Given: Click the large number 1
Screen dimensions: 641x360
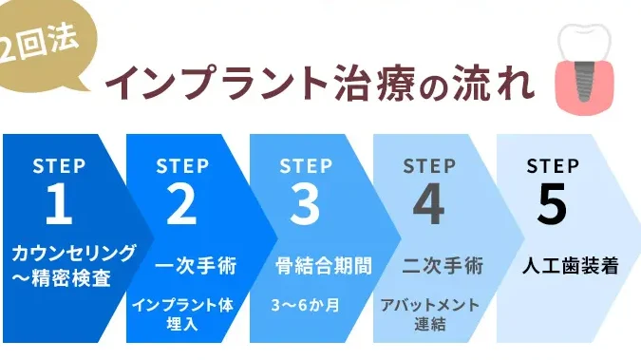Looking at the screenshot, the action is (x=59, y=203).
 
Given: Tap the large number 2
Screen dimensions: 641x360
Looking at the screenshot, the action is (x=181, y=203).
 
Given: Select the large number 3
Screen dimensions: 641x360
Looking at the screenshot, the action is (x=305, y=203).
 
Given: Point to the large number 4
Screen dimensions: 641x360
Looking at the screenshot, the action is (x=428, y=203).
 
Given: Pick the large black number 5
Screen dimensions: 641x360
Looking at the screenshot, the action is (x=553, y=203).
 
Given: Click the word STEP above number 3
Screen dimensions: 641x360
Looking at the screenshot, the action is (x=306, y=166).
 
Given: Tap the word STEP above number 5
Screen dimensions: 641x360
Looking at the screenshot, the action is (x=553, y=166).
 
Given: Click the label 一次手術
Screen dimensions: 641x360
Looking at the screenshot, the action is (x=197, y=266).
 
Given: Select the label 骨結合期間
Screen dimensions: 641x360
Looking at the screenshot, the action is (x=324, y=266).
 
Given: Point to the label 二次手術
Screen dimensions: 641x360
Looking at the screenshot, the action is (x=443, y=266).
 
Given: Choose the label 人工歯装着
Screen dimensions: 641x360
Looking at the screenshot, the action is (x=571, y=266).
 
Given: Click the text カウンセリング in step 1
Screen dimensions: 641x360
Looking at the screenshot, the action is (x=73, y=253).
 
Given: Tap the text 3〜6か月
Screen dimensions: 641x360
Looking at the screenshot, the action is (x=306, y=305).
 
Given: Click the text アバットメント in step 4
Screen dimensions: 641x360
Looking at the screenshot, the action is (x=429, y=305).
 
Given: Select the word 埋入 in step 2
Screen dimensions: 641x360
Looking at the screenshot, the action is (x=182, y=324).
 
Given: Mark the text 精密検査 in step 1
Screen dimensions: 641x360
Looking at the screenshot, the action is (x=70, y=279).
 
